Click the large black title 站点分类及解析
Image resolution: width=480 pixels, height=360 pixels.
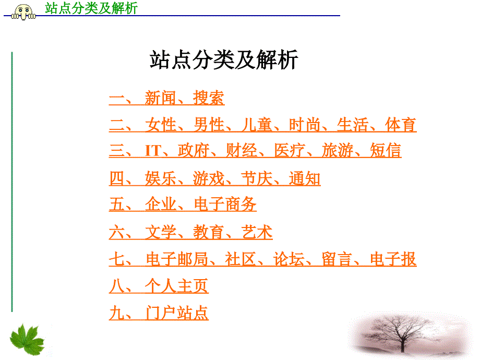point(224,59)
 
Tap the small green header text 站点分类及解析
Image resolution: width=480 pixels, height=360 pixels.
point(91,8)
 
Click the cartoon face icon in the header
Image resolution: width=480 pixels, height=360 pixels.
point(23,12)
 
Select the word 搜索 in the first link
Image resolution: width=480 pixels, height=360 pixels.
point(209,98)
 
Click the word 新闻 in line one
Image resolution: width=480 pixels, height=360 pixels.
point(160,98)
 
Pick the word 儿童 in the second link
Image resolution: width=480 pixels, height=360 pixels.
point(257,125)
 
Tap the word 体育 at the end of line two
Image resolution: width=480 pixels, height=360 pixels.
point(401,125)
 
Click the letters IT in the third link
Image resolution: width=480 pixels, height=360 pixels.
point(153,151)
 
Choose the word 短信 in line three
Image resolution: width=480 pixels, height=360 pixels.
point(386,150)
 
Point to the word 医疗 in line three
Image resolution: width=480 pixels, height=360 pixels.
point(290,150)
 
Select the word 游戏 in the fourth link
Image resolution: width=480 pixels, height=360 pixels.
point(209,178)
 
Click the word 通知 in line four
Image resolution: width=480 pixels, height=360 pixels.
point(305,178)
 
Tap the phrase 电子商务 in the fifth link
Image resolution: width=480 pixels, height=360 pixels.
point(225,204)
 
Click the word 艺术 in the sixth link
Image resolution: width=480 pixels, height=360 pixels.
point(257,232)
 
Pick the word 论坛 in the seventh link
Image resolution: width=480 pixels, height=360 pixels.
point(289,259)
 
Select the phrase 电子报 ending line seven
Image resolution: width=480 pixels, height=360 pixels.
point(393,259)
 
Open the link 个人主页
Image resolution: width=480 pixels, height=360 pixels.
point(177,286)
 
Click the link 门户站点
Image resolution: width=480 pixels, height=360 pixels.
point(177,313)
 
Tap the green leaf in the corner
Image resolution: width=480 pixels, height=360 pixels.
point(28,340)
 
